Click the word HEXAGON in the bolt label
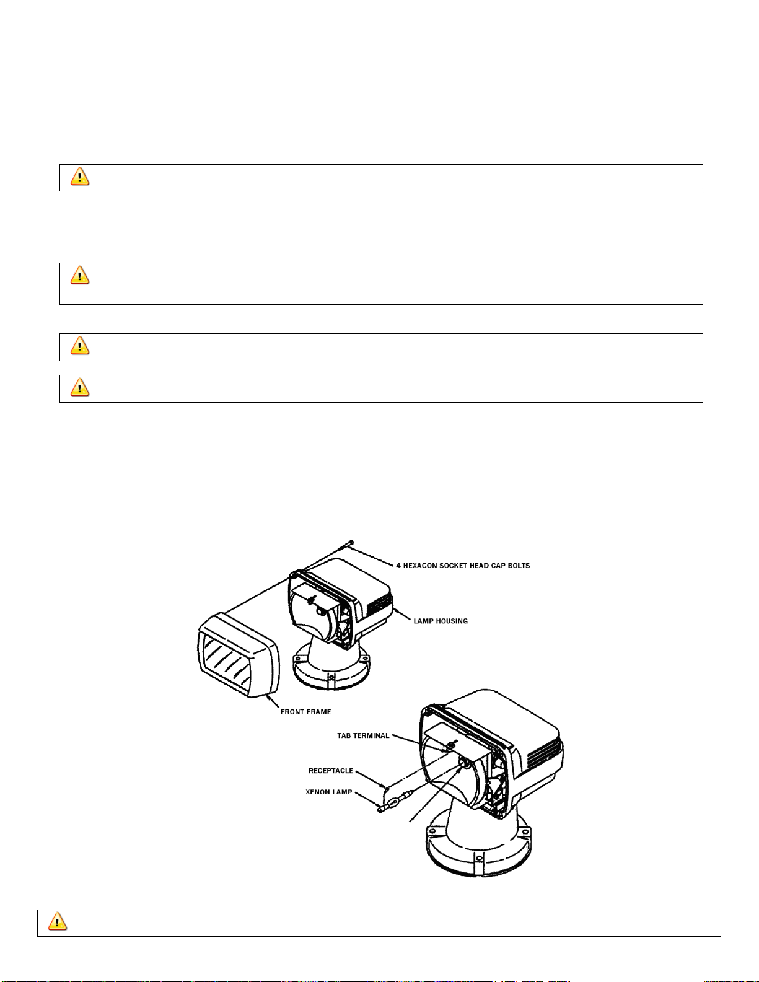point(420,565)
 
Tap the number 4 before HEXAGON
point(398,565)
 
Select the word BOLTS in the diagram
point(519,565)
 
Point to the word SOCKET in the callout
point(453,565)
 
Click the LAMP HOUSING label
point(441,621)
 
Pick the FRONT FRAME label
point(305,712)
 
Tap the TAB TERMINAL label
point(363,735)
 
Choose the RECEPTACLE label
point(331,771)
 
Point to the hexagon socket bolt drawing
point(346,545)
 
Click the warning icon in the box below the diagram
point(58,921)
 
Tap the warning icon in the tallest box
point(80,275)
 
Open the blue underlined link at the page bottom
point(123,976)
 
